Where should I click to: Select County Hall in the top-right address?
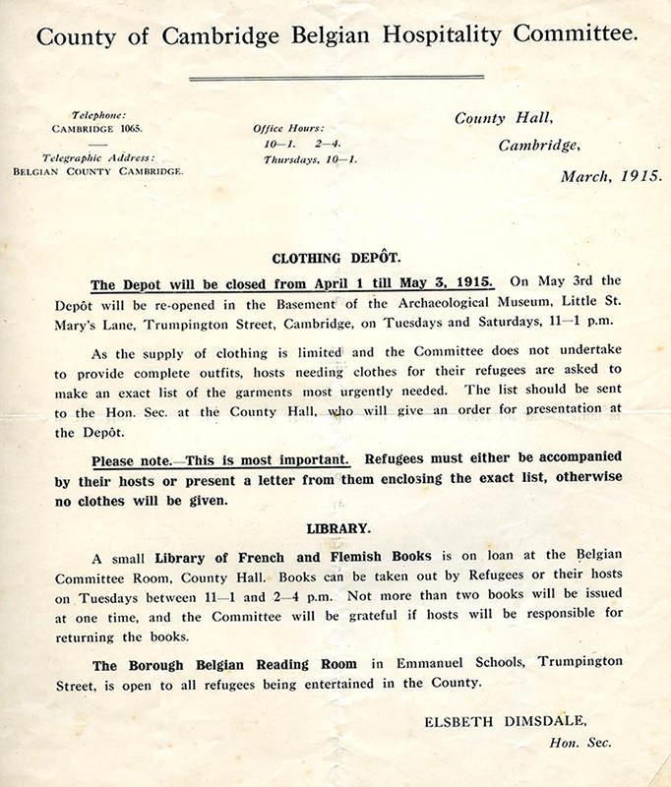[x=500, y=119]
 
